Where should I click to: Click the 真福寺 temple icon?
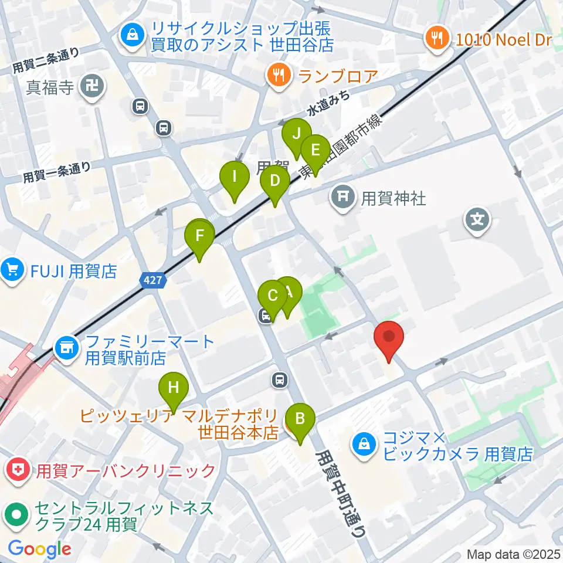[93, 88]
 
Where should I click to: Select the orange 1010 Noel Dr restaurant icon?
[436, 39]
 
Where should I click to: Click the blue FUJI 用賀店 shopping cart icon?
[13, 271]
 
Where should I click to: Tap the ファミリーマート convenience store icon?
[66, 348]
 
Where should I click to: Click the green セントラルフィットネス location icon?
[15, 515]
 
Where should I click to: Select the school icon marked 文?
[477, 221]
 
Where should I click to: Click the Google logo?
[40, 549]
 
